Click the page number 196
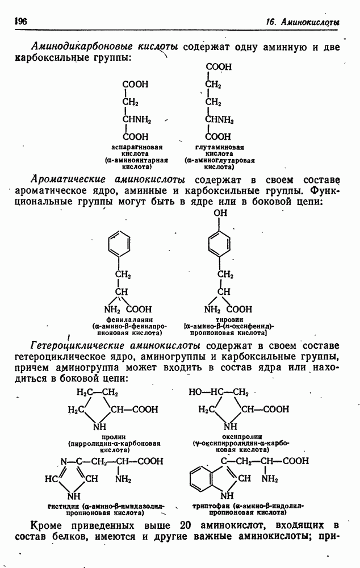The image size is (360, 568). (x=20, y=21)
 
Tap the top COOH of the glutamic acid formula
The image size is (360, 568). (x=219, y=67)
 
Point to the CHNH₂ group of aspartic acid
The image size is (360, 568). (x=137, y=119)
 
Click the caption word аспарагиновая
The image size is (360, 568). (x=136, y=148)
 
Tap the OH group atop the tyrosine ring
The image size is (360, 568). (x=220, y=212)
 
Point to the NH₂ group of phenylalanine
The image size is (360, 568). (x=112, y=310)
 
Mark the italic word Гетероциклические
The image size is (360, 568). (x=80, y=346)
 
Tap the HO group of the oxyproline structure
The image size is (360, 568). (x=195, y=392)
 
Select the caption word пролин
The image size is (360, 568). (x=113, y=437)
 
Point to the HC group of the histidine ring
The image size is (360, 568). (x=51, y=479)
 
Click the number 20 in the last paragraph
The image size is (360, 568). (x=186, y=525)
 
